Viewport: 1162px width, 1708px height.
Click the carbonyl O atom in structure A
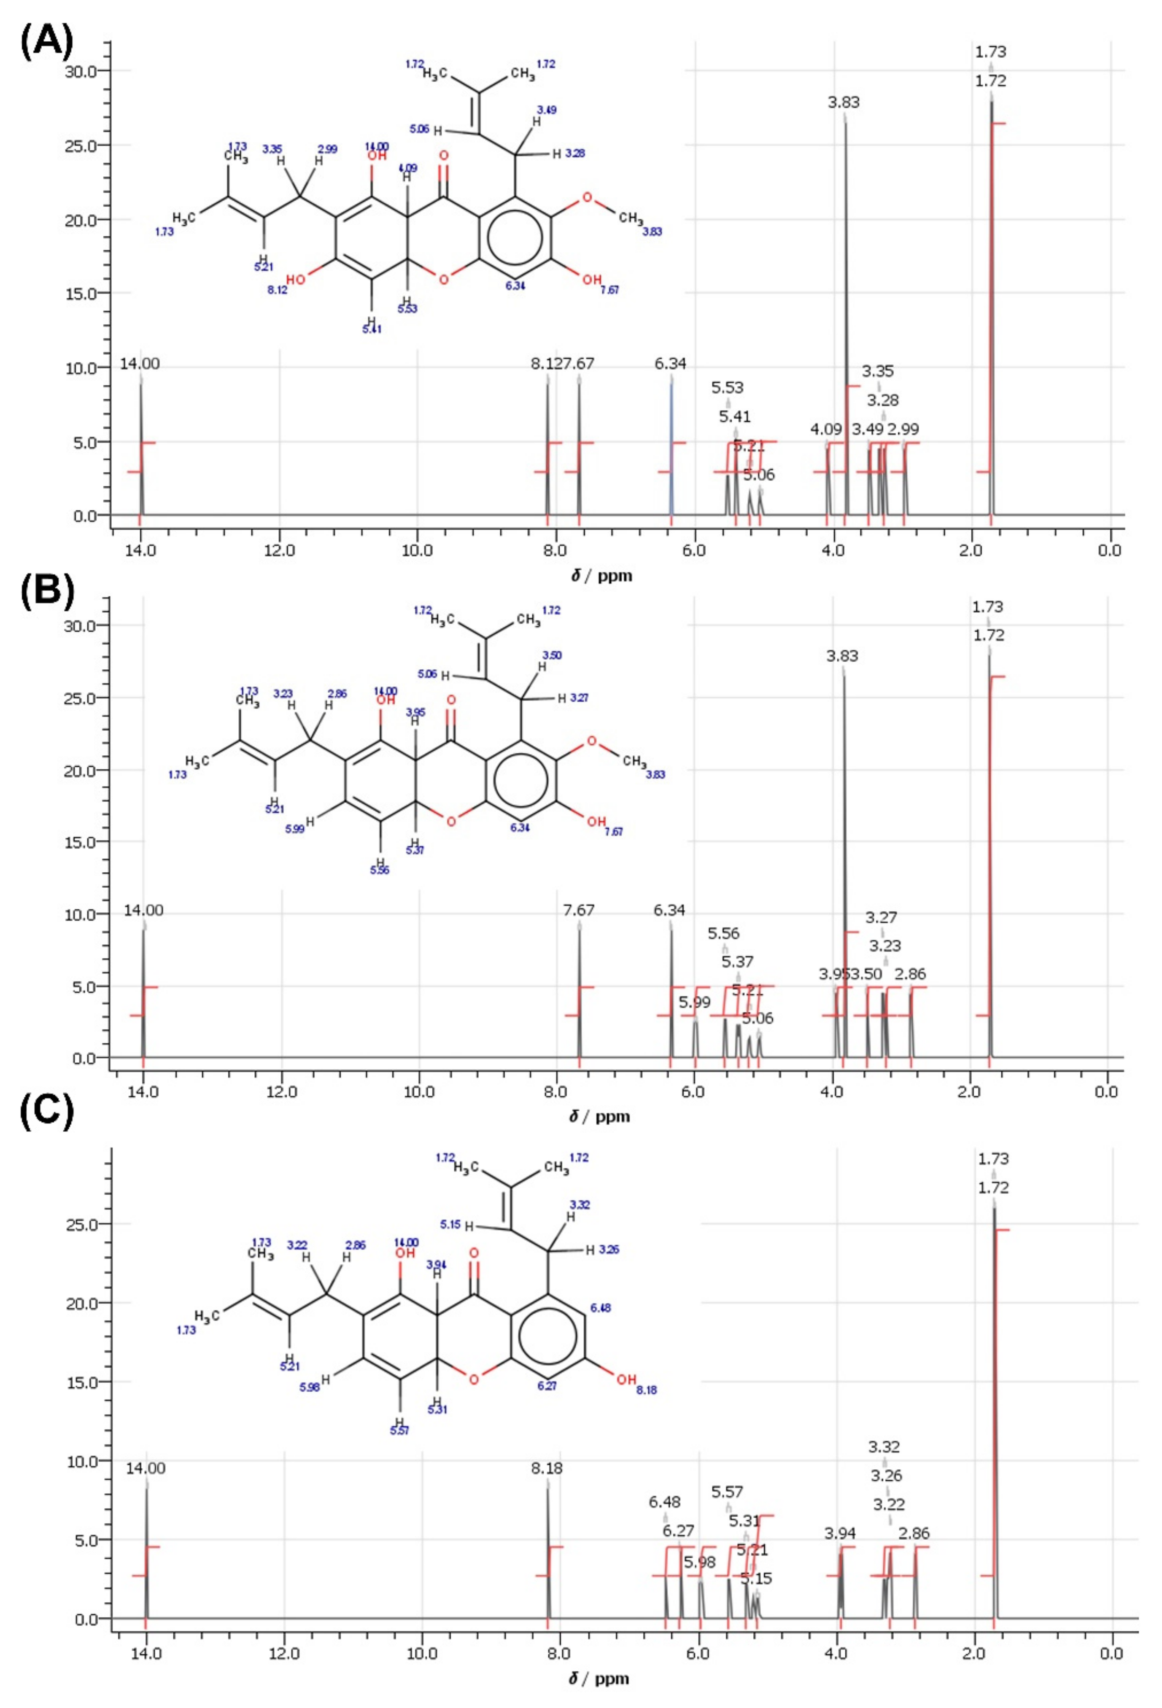point(442,156)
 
